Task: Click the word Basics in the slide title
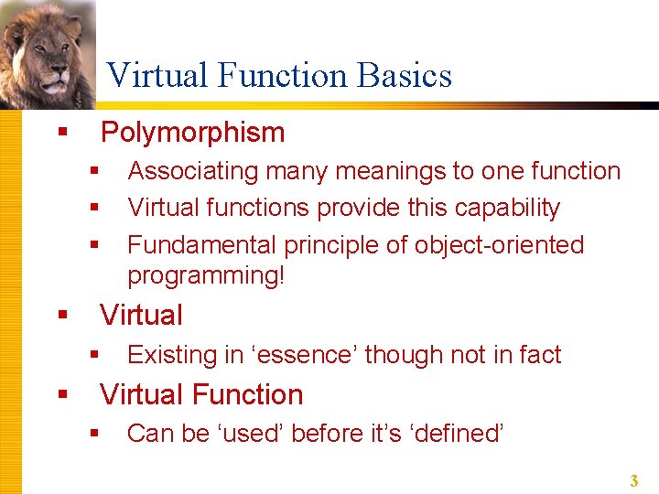pyautogui.click(x=408, y=75)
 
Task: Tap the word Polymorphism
pyautogui.click(x=192, y=133)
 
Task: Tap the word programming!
pyautogui.click(x=206, y=275)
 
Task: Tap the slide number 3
pyautogui.click(x=632, y=480)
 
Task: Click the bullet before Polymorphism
pyautogui.click(x=62, y=134)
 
